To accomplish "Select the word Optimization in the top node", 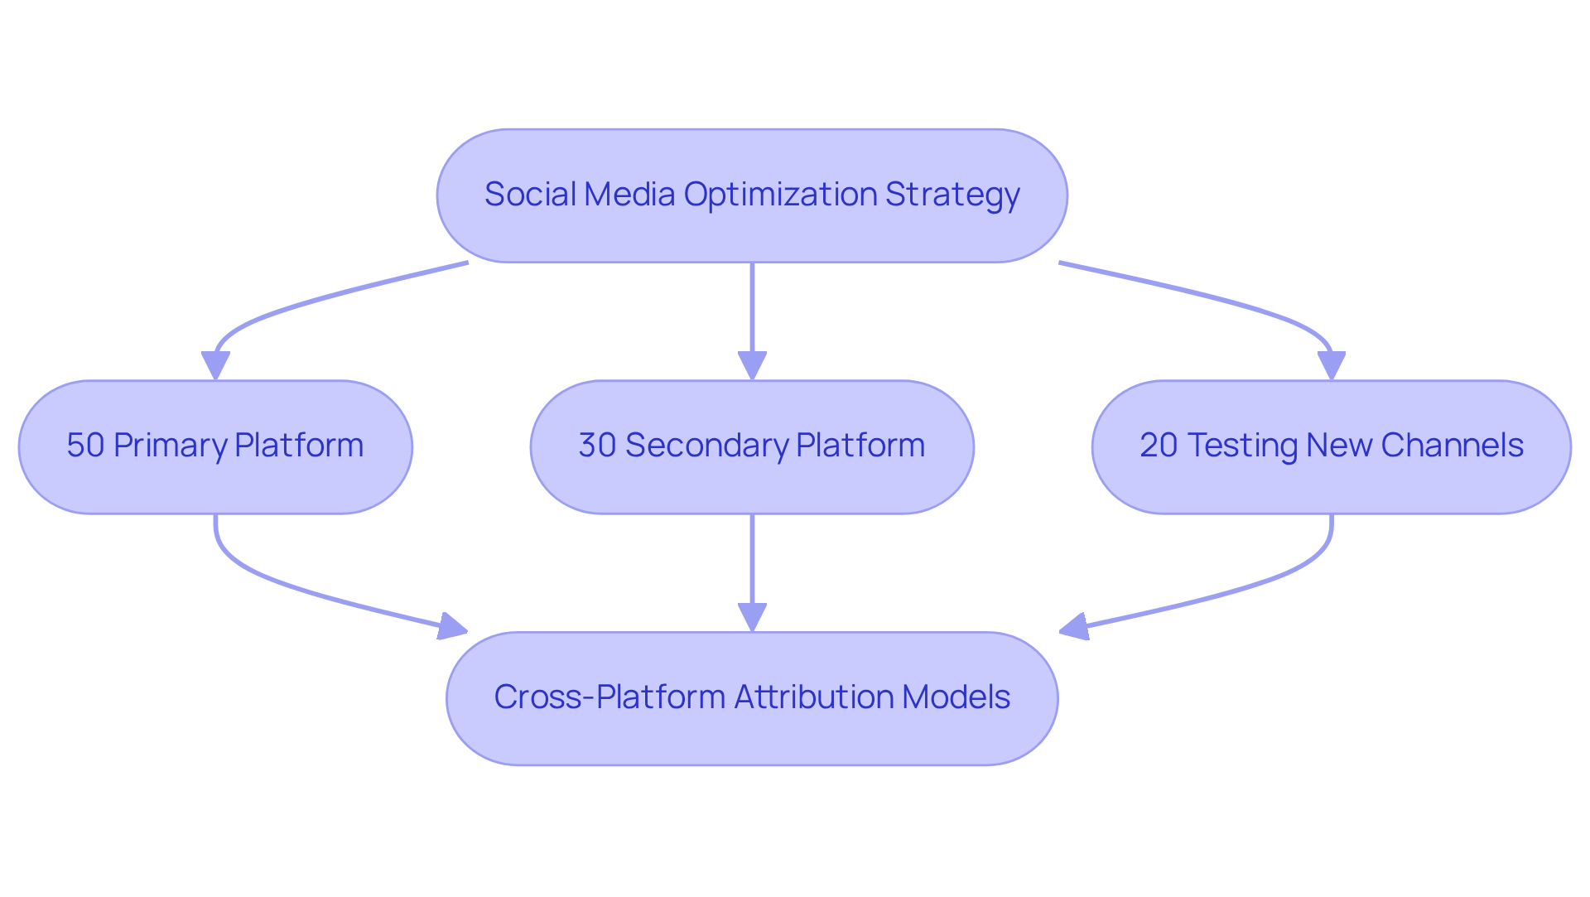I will (x=780, y=195).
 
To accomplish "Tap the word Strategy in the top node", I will (x=952, y=195).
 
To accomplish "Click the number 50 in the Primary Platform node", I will (x=84, y=446).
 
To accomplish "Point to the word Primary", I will (x=169, y=446).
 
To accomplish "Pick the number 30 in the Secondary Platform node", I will (x=596, y=446).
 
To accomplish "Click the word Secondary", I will (x=706, y=446).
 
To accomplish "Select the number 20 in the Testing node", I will (x=1158, y=446).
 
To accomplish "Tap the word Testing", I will (x=1242, y=446).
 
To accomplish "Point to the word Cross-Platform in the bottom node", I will (x=609, y=697).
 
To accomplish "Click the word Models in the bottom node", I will (x=956, y=697).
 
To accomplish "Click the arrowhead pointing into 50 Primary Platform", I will (x=215, y=365).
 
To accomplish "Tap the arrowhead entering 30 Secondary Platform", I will (x=752, y=365).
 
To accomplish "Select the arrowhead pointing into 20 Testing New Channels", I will (x=1331, y=365).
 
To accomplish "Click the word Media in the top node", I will (x=629, y=195).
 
